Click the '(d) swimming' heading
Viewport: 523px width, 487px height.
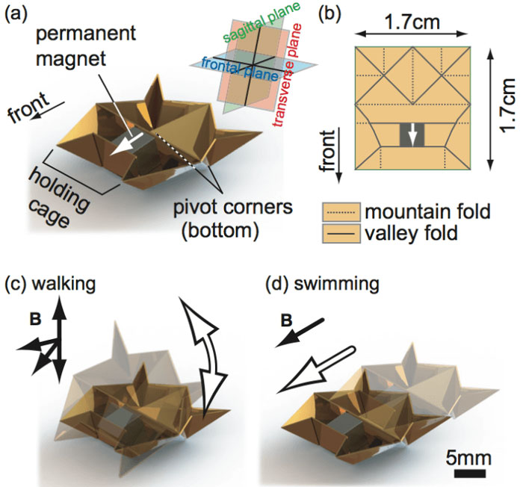[x=326, y=285]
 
